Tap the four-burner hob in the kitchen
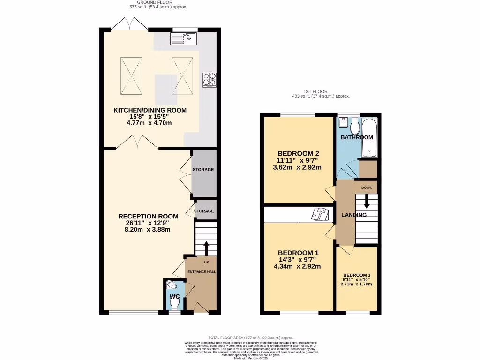point(209,80)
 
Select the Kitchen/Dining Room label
point(150,111)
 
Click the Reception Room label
point(148,216)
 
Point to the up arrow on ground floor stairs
point(206,248)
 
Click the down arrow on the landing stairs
point(367,202)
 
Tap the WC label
point(174,297)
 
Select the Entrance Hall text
point(201,272)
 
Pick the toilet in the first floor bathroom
point(354,127)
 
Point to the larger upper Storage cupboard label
point(203,169)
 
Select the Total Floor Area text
point(251,337)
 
